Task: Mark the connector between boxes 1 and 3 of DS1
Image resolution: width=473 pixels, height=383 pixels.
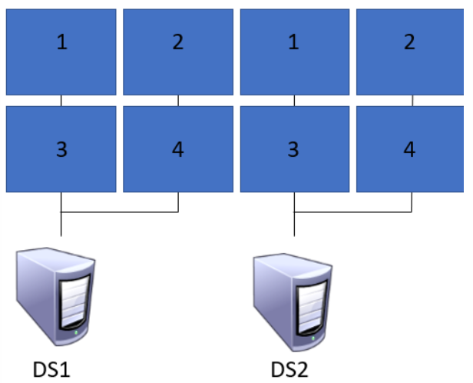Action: point(61,100)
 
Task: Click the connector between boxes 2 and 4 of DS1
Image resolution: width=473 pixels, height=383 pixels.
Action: point(178,100)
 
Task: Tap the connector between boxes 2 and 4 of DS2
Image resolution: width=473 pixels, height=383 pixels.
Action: point(412,100)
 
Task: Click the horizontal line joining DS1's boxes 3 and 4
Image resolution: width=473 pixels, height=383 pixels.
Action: point(120,211)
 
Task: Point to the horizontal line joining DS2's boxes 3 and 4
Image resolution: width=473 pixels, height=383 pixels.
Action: point(353,211)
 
